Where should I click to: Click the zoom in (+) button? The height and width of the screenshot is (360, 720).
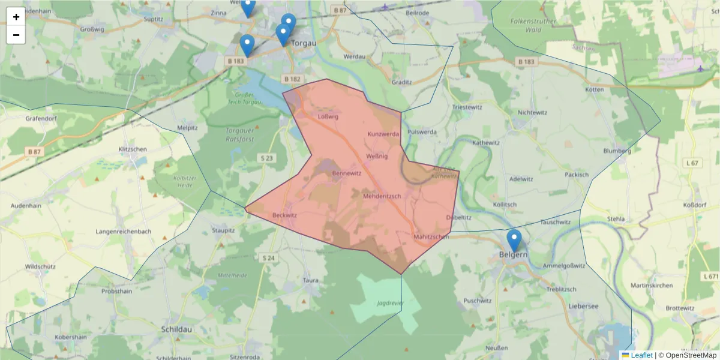coord(16,17)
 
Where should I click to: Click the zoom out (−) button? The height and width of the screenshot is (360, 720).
coord(16,35)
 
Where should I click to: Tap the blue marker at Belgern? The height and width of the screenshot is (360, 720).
coord(514,241)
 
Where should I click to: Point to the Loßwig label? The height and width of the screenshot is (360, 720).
coord(328,116)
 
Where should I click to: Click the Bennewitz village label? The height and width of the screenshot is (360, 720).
coord(346,173)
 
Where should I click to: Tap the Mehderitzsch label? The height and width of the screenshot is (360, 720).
coord(386,196)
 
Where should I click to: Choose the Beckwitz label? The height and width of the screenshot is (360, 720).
coord(284,214)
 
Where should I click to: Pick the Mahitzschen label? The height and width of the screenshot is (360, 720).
coord(431,237)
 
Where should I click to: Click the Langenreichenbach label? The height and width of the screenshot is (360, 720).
coord(124,231)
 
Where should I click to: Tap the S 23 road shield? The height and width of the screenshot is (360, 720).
coord(267,158)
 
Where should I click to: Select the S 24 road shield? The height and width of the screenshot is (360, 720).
coord(268,258)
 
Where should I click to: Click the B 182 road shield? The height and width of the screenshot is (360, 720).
coord(292,79)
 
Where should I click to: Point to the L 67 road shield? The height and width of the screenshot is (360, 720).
coord(692,163)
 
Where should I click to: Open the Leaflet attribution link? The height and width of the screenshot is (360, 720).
coord(641,355)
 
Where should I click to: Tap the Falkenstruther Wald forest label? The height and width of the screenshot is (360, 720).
coord(533,25)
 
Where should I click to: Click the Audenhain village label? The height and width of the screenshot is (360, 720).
coord(26,205)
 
